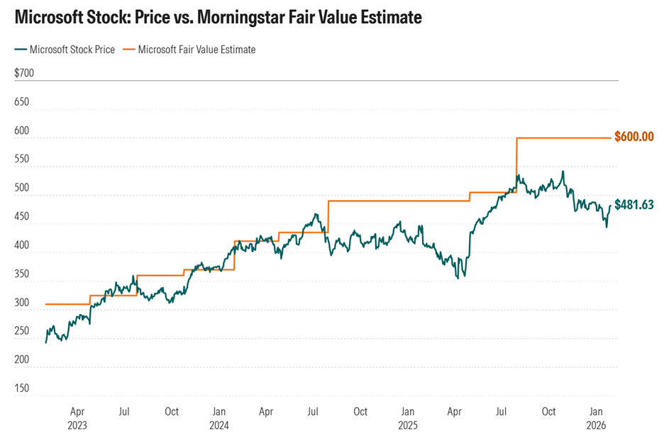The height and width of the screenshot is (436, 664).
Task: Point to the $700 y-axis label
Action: (24, 73)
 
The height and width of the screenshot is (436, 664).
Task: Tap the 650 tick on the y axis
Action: (21, 102)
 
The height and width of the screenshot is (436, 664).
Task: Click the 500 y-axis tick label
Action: (21, 196)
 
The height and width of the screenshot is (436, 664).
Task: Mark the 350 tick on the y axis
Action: (21, 274)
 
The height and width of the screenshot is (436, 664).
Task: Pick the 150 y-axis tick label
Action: (21, 389)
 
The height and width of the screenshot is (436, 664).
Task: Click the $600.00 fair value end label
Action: (633, 136)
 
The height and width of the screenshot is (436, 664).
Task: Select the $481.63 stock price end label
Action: (633, 205)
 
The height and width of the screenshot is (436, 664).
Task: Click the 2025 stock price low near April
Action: (458, 278)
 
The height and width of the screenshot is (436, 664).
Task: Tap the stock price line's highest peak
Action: (563, 172)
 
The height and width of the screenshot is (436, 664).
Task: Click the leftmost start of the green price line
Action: (45, 342)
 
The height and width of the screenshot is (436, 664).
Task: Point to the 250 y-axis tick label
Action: (21, 331)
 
